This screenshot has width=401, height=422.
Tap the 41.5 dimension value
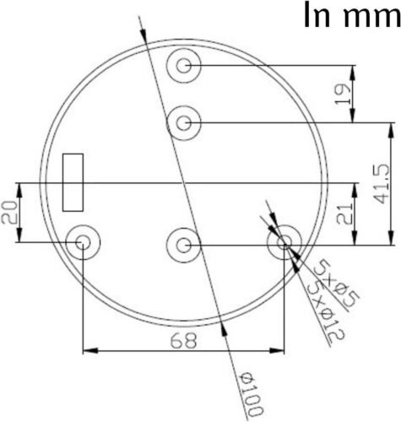coord(381,182)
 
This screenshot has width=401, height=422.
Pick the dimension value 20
coord(11,214)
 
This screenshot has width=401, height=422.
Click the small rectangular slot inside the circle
coord(73,182)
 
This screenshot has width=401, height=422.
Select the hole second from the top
coord(184,123)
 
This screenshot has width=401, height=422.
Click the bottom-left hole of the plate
coord(83,243)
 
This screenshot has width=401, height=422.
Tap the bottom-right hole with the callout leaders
coord(284,243)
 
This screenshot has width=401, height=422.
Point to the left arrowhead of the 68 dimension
coord(87,349)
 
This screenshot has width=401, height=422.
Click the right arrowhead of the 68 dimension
coord(279,349)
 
